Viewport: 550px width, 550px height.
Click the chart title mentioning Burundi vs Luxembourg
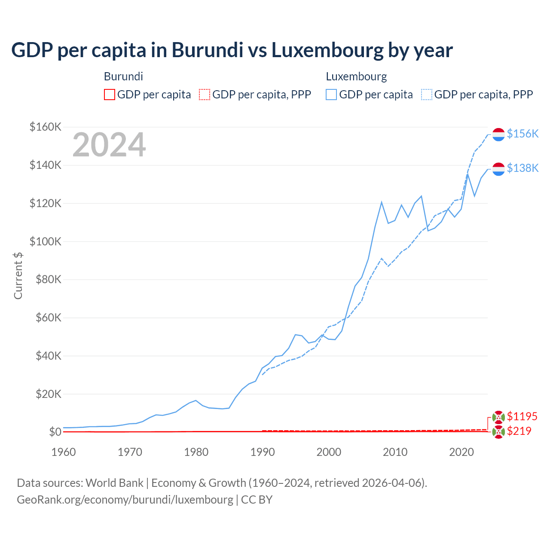(232, 50)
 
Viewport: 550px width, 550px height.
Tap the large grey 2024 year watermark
(109, 145)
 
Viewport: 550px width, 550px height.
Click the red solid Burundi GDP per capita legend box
(110, 95)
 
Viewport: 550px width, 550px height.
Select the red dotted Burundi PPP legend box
(205, 95)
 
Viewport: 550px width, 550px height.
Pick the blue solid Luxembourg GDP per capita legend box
(331, 95)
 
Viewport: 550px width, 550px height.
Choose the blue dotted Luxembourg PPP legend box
(427, 95)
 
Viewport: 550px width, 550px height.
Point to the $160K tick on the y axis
(46, 127)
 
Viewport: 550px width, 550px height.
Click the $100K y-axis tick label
(46, 241)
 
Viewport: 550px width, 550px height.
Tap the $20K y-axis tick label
(48, 394)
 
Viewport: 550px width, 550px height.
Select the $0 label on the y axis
(55, 432)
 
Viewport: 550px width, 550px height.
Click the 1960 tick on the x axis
(64, 452)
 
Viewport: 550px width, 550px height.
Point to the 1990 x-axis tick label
(263, 452)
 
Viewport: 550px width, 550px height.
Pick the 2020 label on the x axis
(461, 452)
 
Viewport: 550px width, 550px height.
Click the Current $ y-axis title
(18, 275)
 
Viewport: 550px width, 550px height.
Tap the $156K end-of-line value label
(522, 134)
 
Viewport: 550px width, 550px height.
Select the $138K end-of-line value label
(522, 168)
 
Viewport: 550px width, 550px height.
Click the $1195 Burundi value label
(522, 416)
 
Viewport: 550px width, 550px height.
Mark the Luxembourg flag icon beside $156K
(498, 134)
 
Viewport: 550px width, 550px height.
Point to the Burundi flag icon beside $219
(498, 432)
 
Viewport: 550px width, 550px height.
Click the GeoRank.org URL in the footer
(125, 500)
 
